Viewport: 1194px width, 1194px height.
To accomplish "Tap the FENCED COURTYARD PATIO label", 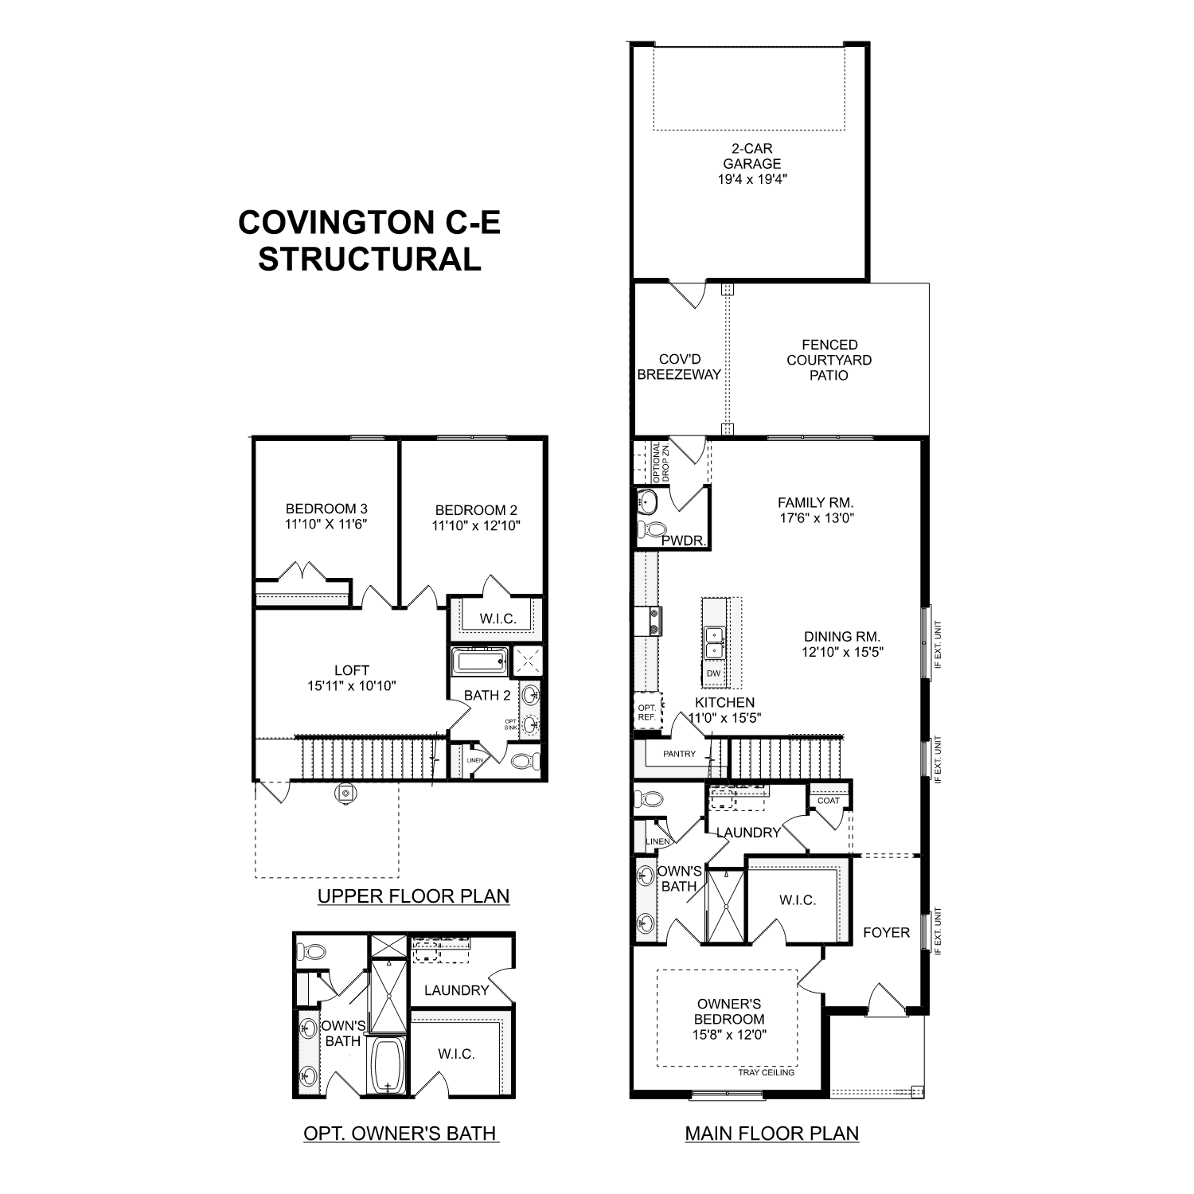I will pos(829,360).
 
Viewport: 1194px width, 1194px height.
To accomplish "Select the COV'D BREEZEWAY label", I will pos(679,367).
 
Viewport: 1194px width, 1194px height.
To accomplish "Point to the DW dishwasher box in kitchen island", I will pos(713,673).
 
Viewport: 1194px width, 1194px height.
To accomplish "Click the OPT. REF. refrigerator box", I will pos(646,712).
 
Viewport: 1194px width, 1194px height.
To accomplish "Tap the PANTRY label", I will pos(679,754).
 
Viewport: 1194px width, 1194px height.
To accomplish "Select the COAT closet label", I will pos(829,801).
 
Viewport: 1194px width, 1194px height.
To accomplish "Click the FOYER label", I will pos(886,932).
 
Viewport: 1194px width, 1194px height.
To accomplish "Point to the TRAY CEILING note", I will pos(767,1072).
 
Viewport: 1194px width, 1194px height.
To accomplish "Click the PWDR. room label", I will pos(684,541).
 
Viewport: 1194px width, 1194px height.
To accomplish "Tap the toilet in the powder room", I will pos(654,529).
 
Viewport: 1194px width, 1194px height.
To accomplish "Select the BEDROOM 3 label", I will pos(326,509).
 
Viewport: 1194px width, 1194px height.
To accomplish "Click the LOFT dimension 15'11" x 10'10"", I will pos(351,685).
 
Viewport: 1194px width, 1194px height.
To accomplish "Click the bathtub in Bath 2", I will pos(479,661).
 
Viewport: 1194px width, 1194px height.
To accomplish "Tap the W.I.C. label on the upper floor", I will pos(497,618).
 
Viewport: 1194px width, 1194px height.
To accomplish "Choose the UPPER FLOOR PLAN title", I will pos(413,895).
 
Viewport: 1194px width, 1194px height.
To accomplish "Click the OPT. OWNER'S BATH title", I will pos(400,1133).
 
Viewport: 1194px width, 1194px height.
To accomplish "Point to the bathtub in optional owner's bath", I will pos(388,1066).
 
